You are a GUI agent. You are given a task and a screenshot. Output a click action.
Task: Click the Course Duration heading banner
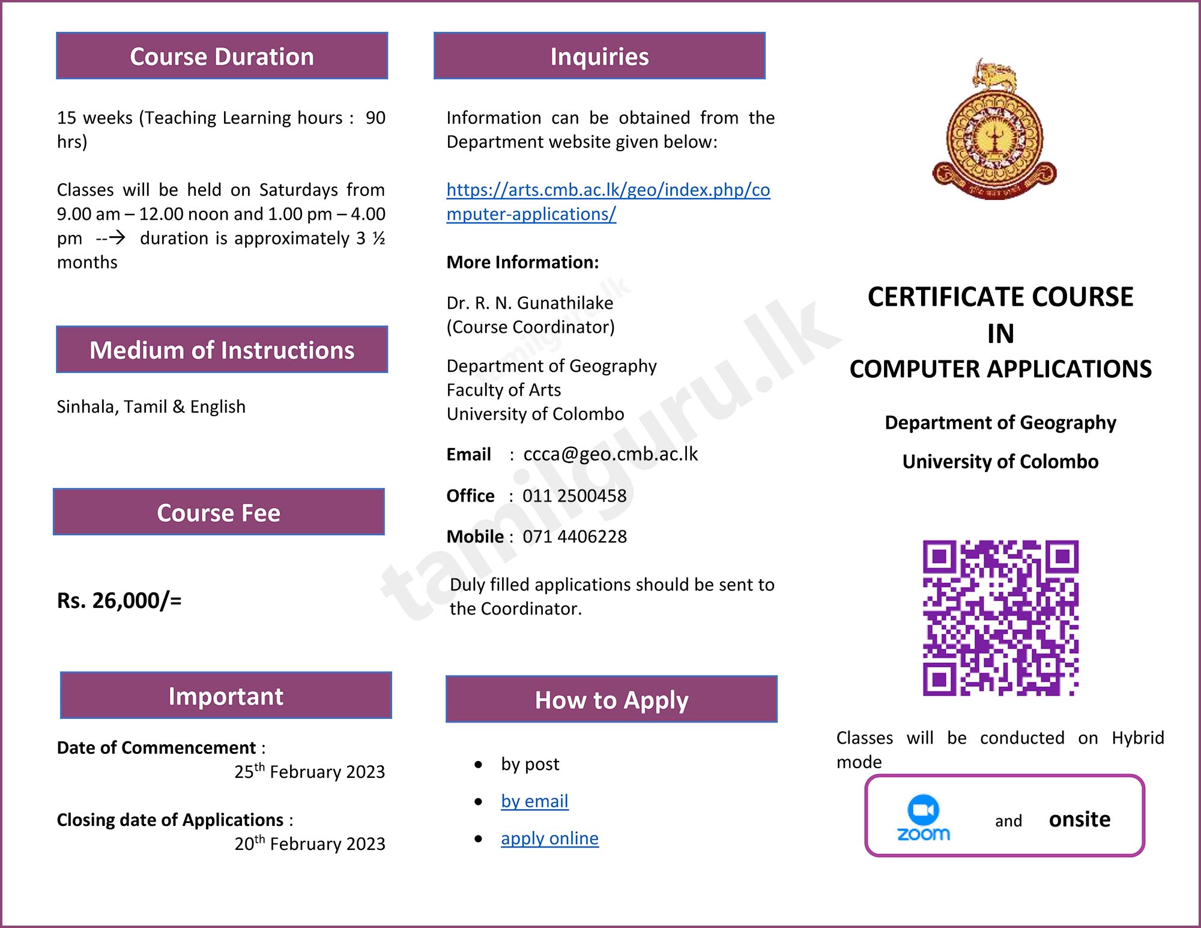222,56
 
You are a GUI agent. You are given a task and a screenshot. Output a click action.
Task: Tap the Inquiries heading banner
599,56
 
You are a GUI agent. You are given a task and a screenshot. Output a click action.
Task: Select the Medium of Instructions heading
222,350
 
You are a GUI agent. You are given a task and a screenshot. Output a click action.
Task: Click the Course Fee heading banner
219,512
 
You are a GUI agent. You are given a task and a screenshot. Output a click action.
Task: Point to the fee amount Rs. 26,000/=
119,600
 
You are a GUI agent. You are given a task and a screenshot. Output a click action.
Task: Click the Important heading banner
226,696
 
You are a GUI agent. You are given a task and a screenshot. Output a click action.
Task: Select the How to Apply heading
611,700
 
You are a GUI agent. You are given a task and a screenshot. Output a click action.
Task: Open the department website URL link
608,202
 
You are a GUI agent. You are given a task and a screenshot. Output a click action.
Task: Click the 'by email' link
534,801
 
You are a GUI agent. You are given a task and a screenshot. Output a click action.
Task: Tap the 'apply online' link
549,838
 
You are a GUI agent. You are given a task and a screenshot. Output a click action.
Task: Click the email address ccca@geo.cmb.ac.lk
610,454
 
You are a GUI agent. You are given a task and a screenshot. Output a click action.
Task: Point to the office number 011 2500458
574,496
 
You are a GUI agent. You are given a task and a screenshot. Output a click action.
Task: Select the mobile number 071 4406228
574,536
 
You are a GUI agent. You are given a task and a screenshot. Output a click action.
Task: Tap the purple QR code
1000,618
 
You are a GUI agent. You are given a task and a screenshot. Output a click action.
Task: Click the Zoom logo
924,818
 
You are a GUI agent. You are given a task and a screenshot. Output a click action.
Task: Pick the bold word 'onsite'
1079,819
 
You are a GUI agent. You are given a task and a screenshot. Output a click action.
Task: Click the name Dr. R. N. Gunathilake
530,303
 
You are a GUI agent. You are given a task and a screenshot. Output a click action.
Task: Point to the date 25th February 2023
309,771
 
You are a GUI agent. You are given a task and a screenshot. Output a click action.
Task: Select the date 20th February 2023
309,843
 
